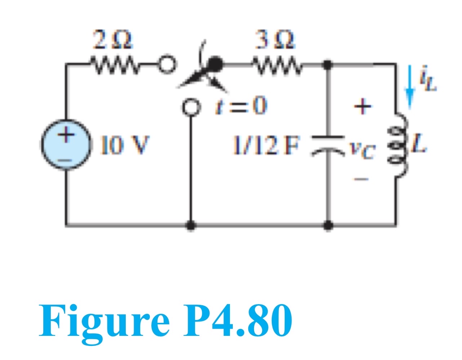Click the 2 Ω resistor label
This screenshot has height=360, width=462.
tap(113, 40)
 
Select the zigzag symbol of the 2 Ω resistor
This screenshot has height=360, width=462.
tap(108, 65)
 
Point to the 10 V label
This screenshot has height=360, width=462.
tap(125, 145)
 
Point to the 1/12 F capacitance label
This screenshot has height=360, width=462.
tap(267, 145)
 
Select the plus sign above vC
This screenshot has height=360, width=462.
tap(362, 107)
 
